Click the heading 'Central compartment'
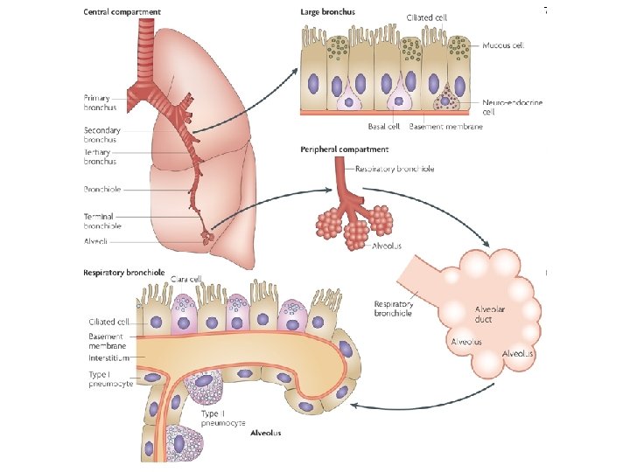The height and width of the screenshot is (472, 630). (122, 12)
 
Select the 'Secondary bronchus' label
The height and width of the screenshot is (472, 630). (101, 135)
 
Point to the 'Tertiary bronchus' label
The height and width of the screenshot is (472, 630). (100, 156)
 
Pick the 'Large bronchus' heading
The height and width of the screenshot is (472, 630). (327, 12)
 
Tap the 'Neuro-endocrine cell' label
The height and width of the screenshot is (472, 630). (512, 107)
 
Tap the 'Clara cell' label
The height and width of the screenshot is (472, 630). (186, 279)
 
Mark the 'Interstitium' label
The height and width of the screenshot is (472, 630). (108, 357)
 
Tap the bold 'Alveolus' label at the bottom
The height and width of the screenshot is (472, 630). (266, 433)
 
